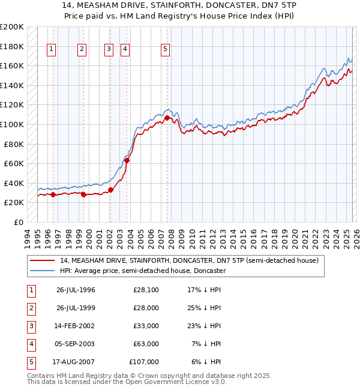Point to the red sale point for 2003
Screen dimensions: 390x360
click(127, 160)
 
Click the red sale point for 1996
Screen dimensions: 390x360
click(53, 194)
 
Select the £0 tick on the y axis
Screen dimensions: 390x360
click(18, 222)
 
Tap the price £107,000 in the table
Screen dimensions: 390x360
click(144, 362)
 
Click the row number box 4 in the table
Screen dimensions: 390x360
click(30, 344)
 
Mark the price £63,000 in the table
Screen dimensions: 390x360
click(146, 344)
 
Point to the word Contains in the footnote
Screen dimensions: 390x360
click(41, 376)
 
